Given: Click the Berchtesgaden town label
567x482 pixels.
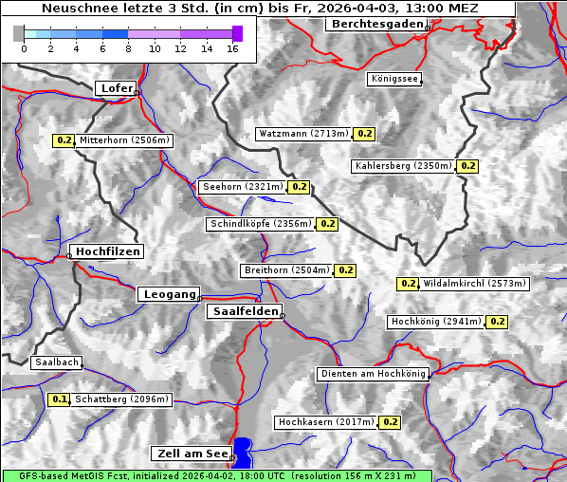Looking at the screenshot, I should tap(375, 24).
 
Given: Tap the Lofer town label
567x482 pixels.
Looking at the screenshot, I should tap(116, 88).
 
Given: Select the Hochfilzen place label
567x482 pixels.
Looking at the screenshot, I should tap(107, 251).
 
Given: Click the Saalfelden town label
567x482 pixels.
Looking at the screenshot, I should tap(244, 311).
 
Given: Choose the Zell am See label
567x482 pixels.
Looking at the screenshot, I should tap(190, 454).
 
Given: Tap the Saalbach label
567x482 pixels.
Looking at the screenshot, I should tap(56, 362).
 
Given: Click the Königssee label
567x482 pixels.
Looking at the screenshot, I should tap(395, 79).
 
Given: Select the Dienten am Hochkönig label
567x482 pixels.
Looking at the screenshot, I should tap(373, 374).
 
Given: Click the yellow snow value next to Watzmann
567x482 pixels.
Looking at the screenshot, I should tap(365, 134).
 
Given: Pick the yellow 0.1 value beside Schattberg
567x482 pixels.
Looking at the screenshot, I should tap(59, 399).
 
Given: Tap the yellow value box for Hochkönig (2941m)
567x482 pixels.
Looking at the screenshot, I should tap(497, 322).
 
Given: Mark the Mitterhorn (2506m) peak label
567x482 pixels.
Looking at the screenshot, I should tap(124, 140).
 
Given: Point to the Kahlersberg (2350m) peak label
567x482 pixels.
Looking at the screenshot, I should tap(403, 166).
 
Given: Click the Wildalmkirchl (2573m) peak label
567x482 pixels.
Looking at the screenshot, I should tap(474, 283).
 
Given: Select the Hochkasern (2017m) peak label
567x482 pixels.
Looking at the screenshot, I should tap(327, 421).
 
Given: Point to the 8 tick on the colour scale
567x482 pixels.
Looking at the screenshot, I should tap(128, 48).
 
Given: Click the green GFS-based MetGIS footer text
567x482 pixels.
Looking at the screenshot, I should tap(216, 475).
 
